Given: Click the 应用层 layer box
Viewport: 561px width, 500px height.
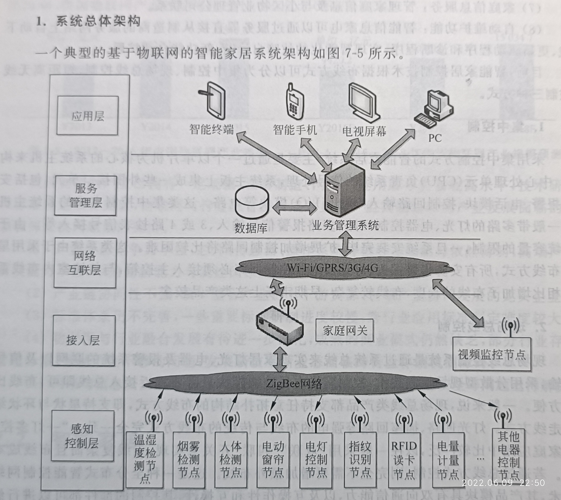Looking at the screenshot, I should (87, 115).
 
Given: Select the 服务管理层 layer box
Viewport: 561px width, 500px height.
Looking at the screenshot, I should (85, 195).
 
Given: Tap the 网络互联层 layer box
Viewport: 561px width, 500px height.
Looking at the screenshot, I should (85, 263).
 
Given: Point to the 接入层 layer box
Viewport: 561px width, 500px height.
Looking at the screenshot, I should (83, 340).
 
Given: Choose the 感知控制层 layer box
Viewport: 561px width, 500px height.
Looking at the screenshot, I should (83, 436).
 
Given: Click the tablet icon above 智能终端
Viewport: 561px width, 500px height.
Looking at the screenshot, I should (213, 101).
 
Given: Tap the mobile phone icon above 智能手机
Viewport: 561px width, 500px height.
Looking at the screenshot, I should (294, 102).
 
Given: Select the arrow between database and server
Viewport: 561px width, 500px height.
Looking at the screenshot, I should (295, 208).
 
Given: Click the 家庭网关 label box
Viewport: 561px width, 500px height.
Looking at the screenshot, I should (344, 331).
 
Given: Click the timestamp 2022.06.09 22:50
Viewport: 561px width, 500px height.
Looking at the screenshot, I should (503, 483).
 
